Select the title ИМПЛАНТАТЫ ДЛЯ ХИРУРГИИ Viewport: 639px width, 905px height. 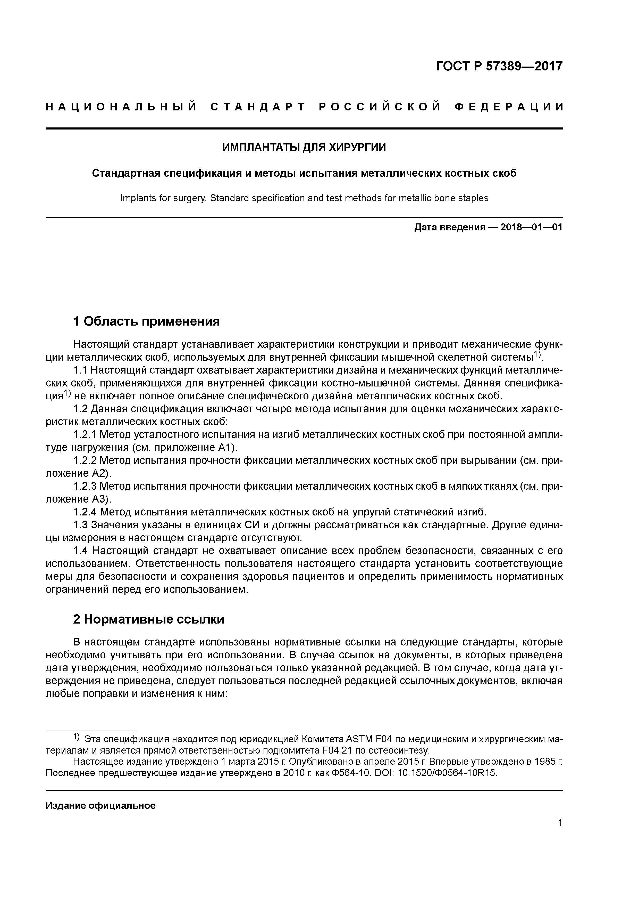click(304, 147)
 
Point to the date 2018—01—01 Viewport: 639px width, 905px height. click(532, 228)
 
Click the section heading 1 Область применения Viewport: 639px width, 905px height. click(146, 321)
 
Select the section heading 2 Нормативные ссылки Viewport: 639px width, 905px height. click(149, 619)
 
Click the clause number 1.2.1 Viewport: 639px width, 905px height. click(85, 434)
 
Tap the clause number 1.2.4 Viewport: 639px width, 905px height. click(85, 512)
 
